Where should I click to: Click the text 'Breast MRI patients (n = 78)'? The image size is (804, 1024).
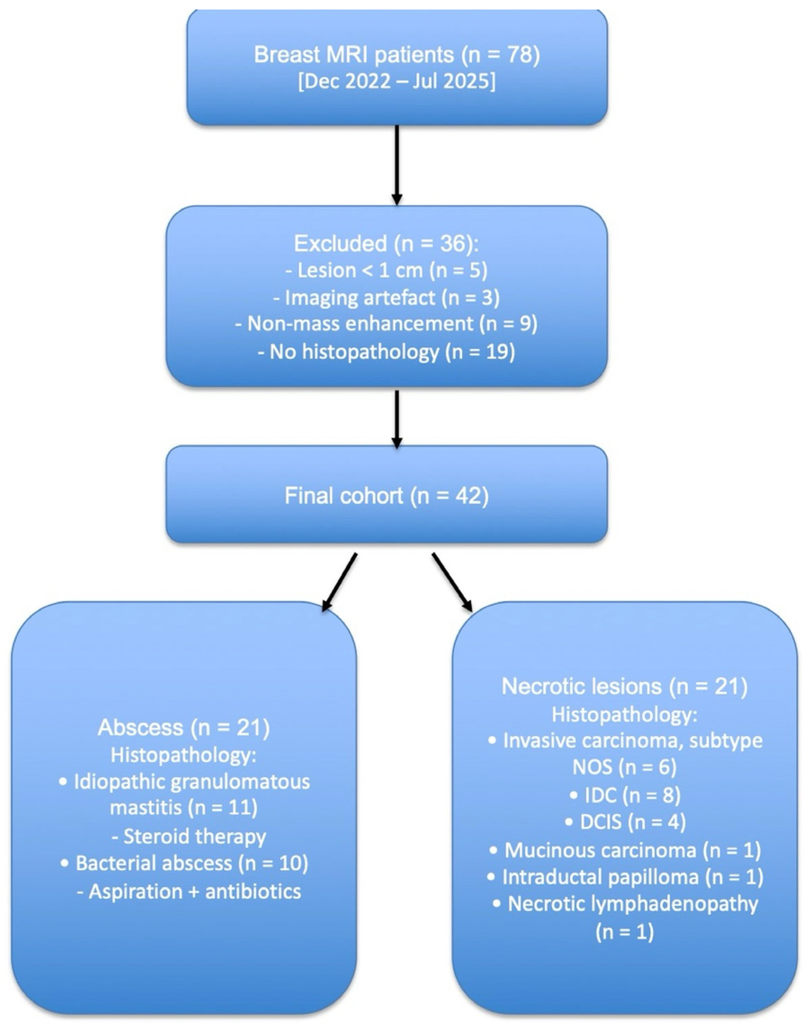pyautogui.click(x=397, y=55)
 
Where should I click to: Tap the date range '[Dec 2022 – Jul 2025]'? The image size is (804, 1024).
pyautogui.click(x=397, y=82)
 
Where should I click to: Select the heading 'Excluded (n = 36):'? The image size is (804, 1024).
pyautogui.click(x=386, y=243)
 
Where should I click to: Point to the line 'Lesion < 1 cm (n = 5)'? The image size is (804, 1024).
pyautogui.click(x=386, y=270)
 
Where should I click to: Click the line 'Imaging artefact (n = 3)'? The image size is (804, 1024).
pyautogui.click(x=386, y=297)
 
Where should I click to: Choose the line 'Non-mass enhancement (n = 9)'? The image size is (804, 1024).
pyautogui.click(x=386, y=324)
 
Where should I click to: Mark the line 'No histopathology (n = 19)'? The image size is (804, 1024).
pyautogui.click(x=386, y=351)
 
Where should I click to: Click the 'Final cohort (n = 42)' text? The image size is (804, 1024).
pyautogui.click(x=386, y=496)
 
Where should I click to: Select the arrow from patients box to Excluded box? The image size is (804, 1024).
pyautogui.click(x=397, y=165)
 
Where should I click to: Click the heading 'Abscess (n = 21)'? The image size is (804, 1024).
pyautogui.click(x=184, y=728)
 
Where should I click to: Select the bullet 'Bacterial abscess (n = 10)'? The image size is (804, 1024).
pyautogui.click(x=185, y=863)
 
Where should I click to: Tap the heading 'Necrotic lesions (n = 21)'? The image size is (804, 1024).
pyautogui.click(x=624, y=687)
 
